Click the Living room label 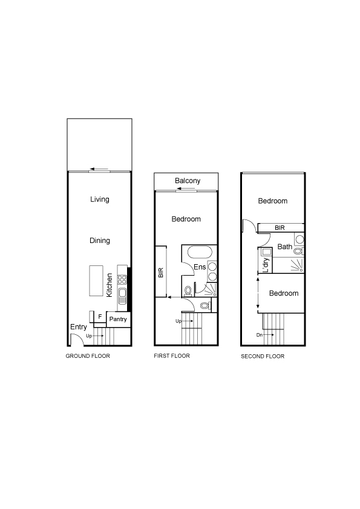(x=100, y=199)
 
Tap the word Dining (x=100, y=241)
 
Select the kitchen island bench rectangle (x=96, y=280)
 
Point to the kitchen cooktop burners (x=122, y=279)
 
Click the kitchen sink (x=122, y=296)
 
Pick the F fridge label (x=100, y=317)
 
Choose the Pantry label (x=118, y=319)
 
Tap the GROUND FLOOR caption (x=88, y=356)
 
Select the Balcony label (x=188, y=181)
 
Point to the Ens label (x=200, y=267)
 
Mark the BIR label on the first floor (x=160, y=273)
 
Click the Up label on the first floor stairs (x=178, y=322)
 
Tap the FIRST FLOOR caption (x=172, y=356)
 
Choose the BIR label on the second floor (x=280, y=228)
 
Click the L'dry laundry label (x=266, y=265)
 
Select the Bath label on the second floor (x=285, y=247)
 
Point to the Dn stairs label (x=260, y=335)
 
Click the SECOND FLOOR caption (x=263, y=357)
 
